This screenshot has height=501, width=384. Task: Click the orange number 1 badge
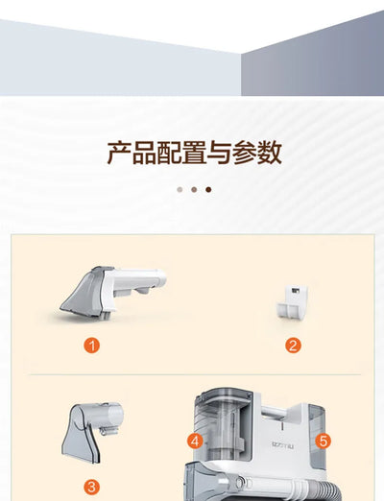[91, 346]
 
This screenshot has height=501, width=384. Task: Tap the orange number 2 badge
[293, 346]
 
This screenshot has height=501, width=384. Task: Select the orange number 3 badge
[91, 487]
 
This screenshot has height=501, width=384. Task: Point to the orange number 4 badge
[195, 441]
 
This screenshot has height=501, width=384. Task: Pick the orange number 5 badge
[323, 441]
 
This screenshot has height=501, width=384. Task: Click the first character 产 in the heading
[118, 153]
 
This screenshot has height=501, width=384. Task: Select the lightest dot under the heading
[179, 189]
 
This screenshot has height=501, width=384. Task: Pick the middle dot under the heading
[193, 189]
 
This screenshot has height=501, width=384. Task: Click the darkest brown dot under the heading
[208, 189]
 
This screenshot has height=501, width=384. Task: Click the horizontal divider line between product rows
[192, 374]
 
